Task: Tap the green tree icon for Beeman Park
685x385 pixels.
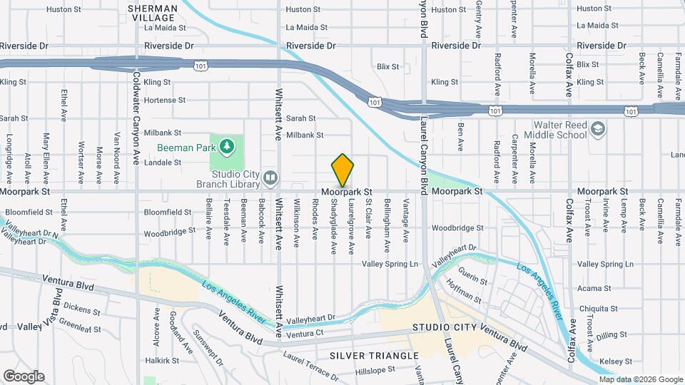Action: pos(227,146)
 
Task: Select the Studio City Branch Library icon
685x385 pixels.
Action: pos(270,177)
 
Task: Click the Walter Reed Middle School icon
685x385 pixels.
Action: pos(597,129)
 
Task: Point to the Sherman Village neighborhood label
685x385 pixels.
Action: pos(151,12)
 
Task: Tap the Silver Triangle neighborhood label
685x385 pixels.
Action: pos(374,355)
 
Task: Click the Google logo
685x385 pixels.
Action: pos(24,376)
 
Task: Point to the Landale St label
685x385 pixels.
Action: pos(162,163)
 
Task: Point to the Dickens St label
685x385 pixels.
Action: pos(81,309)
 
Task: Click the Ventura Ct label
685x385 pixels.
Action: pos(305,334)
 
